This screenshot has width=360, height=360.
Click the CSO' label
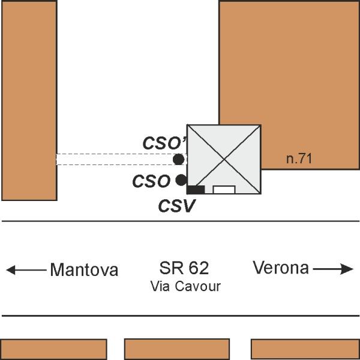coord(165,143)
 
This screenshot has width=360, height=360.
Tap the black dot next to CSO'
coord(179,160)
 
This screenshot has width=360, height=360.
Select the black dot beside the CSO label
coord(181,180)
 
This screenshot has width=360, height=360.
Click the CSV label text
coord(177,205)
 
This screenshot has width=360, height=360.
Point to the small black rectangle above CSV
coord(196,190)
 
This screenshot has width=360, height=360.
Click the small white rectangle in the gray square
coord(224,190)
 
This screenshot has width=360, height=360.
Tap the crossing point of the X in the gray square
coord(224,159)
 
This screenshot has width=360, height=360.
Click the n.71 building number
coord(299,158)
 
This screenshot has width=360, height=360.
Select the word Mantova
coord(84,269)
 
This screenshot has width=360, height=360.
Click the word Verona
coord(281,268)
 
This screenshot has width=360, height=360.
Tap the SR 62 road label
coord(184,268)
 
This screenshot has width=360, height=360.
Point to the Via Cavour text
coord(185,286)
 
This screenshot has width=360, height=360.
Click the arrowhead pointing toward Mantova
coord(11,270)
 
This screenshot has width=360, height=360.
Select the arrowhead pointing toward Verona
coord(347,269)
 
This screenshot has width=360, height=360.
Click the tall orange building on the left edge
coord(29,101)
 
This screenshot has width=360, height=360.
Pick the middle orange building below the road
coord(177,349)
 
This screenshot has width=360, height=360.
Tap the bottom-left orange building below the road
coord(53,349)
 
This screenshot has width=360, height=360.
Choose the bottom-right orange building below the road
coord(305,349)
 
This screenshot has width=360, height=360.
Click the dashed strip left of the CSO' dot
coord(115,160)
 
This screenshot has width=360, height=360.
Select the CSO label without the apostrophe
coord(151,181)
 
